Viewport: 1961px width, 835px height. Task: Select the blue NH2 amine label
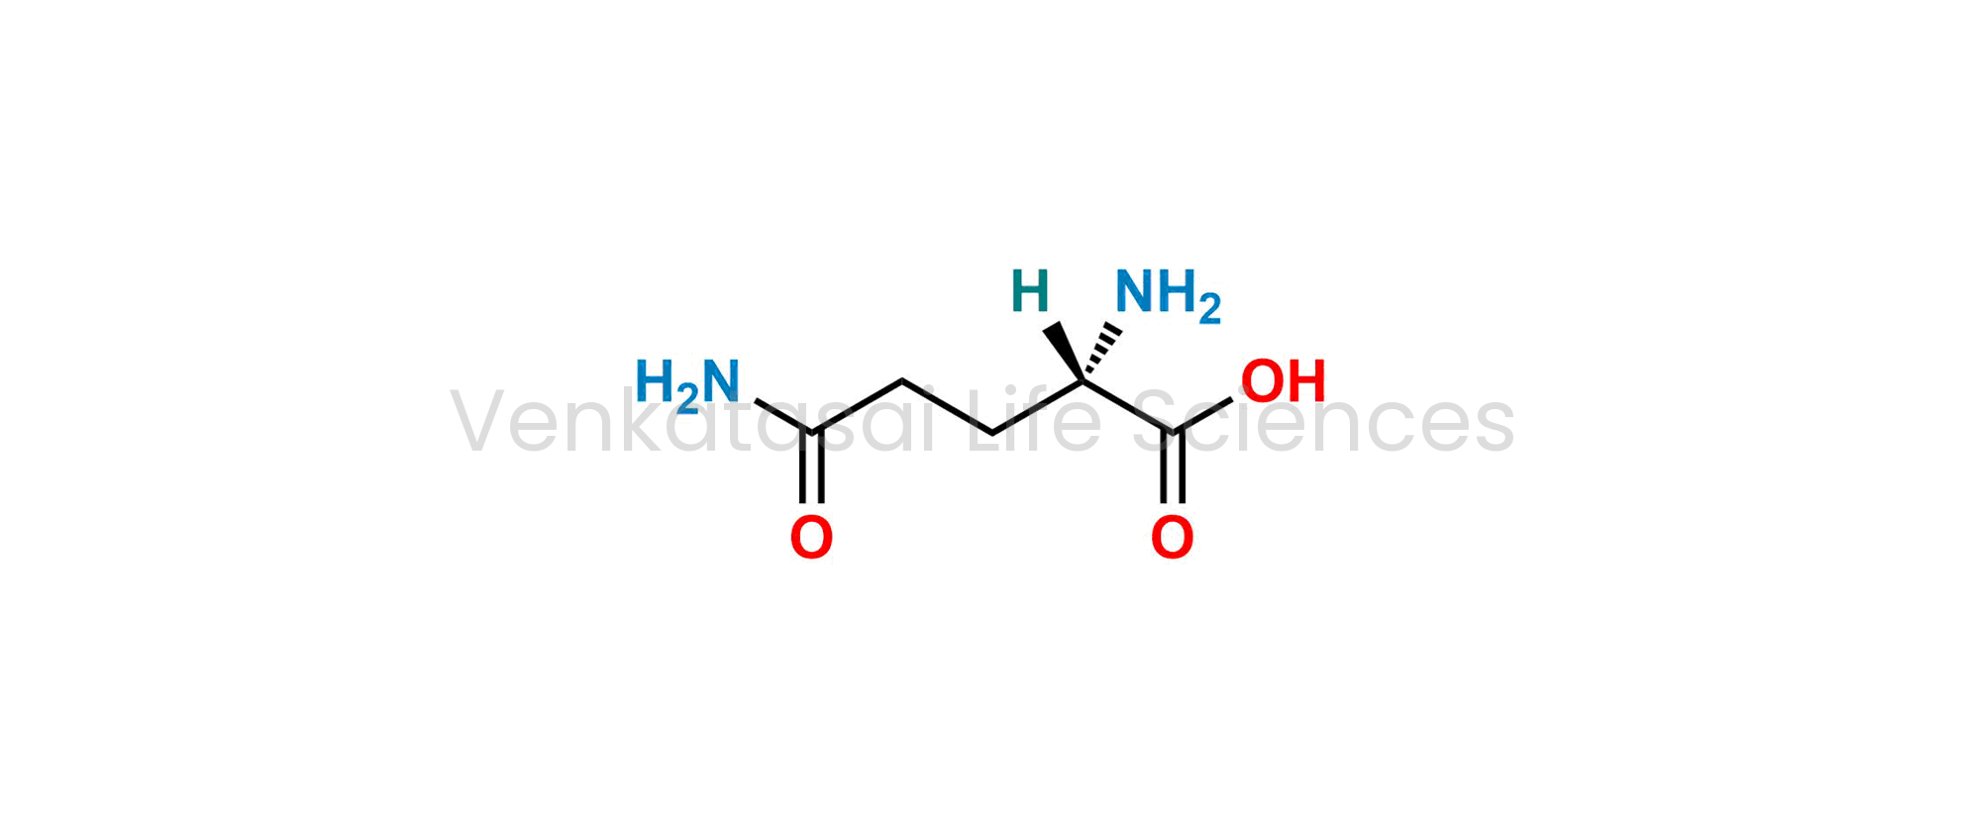(x=1168, y=295)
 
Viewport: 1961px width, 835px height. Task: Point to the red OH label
(x=1284, y=380)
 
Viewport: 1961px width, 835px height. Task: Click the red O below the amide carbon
(x=811, y=538)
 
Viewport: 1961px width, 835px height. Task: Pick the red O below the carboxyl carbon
(x=1172, y=538)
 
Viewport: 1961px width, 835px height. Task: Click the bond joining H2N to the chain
(x=783, y=416)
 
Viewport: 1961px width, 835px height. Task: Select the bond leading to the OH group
(x=1202, y=415)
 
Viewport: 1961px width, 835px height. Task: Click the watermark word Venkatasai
(x=692, y=422)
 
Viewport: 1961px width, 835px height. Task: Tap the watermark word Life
(x=1033, y=421)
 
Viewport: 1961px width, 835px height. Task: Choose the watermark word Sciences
(x=1323, y=422)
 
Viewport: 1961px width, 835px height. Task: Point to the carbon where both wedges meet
(x=1084, y=380)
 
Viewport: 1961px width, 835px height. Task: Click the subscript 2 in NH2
(x=1209, y=309)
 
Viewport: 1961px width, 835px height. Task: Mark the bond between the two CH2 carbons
(x=948, y=406)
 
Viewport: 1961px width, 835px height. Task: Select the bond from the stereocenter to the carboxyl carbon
(x=1128, y=406)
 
